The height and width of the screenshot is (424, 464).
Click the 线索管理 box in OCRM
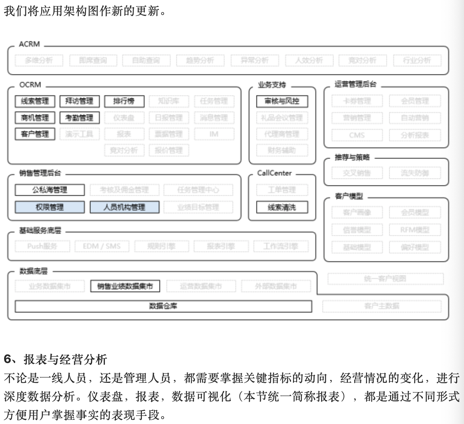pos(35,101)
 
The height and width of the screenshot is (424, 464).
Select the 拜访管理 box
pos(80,101)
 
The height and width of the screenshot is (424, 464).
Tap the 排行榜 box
pos(124,101)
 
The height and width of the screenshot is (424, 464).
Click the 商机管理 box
pos(35,118)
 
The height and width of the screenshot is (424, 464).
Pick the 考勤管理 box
pos(80,118)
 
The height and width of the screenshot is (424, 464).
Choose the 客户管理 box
pos(35,134)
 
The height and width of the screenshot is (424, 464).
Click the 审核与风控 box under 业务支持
pos(282,101)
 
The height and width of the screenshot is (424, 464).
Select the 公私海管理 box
pos(50,190)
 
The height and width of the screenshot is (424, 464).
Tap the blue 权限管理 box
pos(50,207)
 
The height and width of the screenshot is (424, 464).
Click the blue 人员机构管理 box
pos(124,207)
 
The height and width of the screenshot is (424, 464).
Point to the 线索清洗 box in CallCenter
pos(282,207)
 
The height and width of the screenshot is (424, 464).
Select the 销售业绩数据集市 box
pos(125,286)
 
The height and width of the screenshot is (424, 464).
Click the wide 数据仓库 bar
pos(163,306)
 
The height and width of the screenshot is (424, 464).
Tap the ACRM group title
pos(29,44)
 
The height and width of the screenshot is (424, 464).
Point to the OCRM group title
pos(30,85)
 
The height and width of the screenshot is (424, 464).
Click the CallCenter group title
pos(274,173)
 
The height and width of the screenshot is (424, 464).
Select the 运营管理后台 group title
pos(355,84)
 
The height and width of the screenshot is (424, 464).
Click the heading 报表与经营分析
pos(65,360)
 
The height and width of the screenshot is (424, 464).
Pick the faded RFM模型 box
pos(415,230)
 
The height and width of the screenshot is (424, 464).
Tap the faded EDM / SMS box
pos(102,246)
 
